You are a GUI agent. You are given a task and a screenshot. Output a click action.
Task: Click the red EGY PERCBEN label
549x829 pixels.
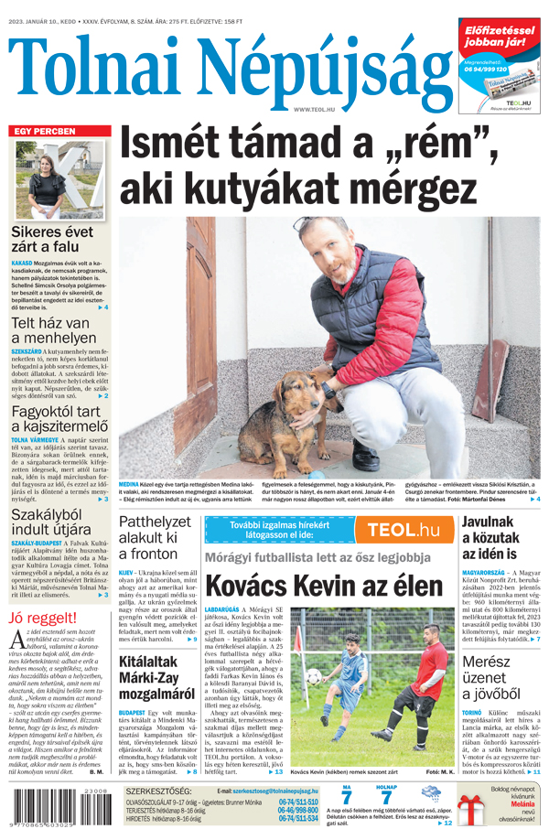coord(44,132)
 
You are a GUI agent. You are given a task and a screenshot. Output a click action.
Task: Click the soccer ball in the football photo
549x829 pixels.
coord(314,676)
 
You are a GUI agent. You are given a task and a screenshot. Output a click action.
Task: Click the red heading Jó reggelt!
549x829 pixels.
coord(43,618)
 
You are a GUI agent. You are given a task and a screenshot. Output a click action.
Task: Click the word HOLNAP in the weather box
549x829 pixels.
coord(387,786)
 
